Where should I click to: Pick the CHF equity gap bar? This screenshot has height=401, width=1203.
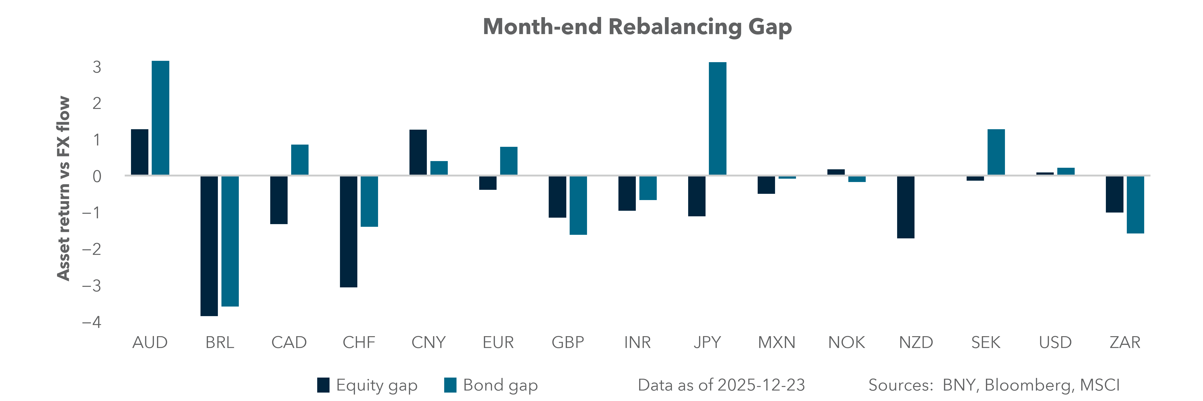coord(348,231)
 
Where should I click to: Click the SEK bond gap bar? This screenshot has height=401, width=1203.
coord(996,152)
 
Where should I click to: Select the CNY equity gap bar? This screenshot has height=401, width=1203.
coord(418,152)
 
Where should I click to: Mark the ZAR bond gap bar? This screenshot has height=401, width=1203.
coord(1135,205)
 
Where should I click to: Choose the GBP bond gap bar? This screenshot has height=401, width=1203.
coord(578,205)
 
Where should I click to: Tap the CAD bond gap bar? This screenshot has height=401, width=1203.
coord(300,160)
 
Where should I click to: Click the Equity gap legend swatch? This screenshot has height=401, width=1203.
coord(323,385)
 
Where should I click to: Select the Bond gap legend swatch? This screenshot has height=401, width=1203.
coord(450,385)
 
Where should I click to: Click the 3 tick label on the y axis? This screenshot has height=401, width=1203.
coord(97,67)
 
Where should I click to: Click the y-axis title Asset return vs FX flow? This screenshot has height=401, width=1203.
coord(63,188)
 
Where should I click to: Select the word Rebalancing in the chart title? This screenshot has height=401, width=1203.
coord(675,27)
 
